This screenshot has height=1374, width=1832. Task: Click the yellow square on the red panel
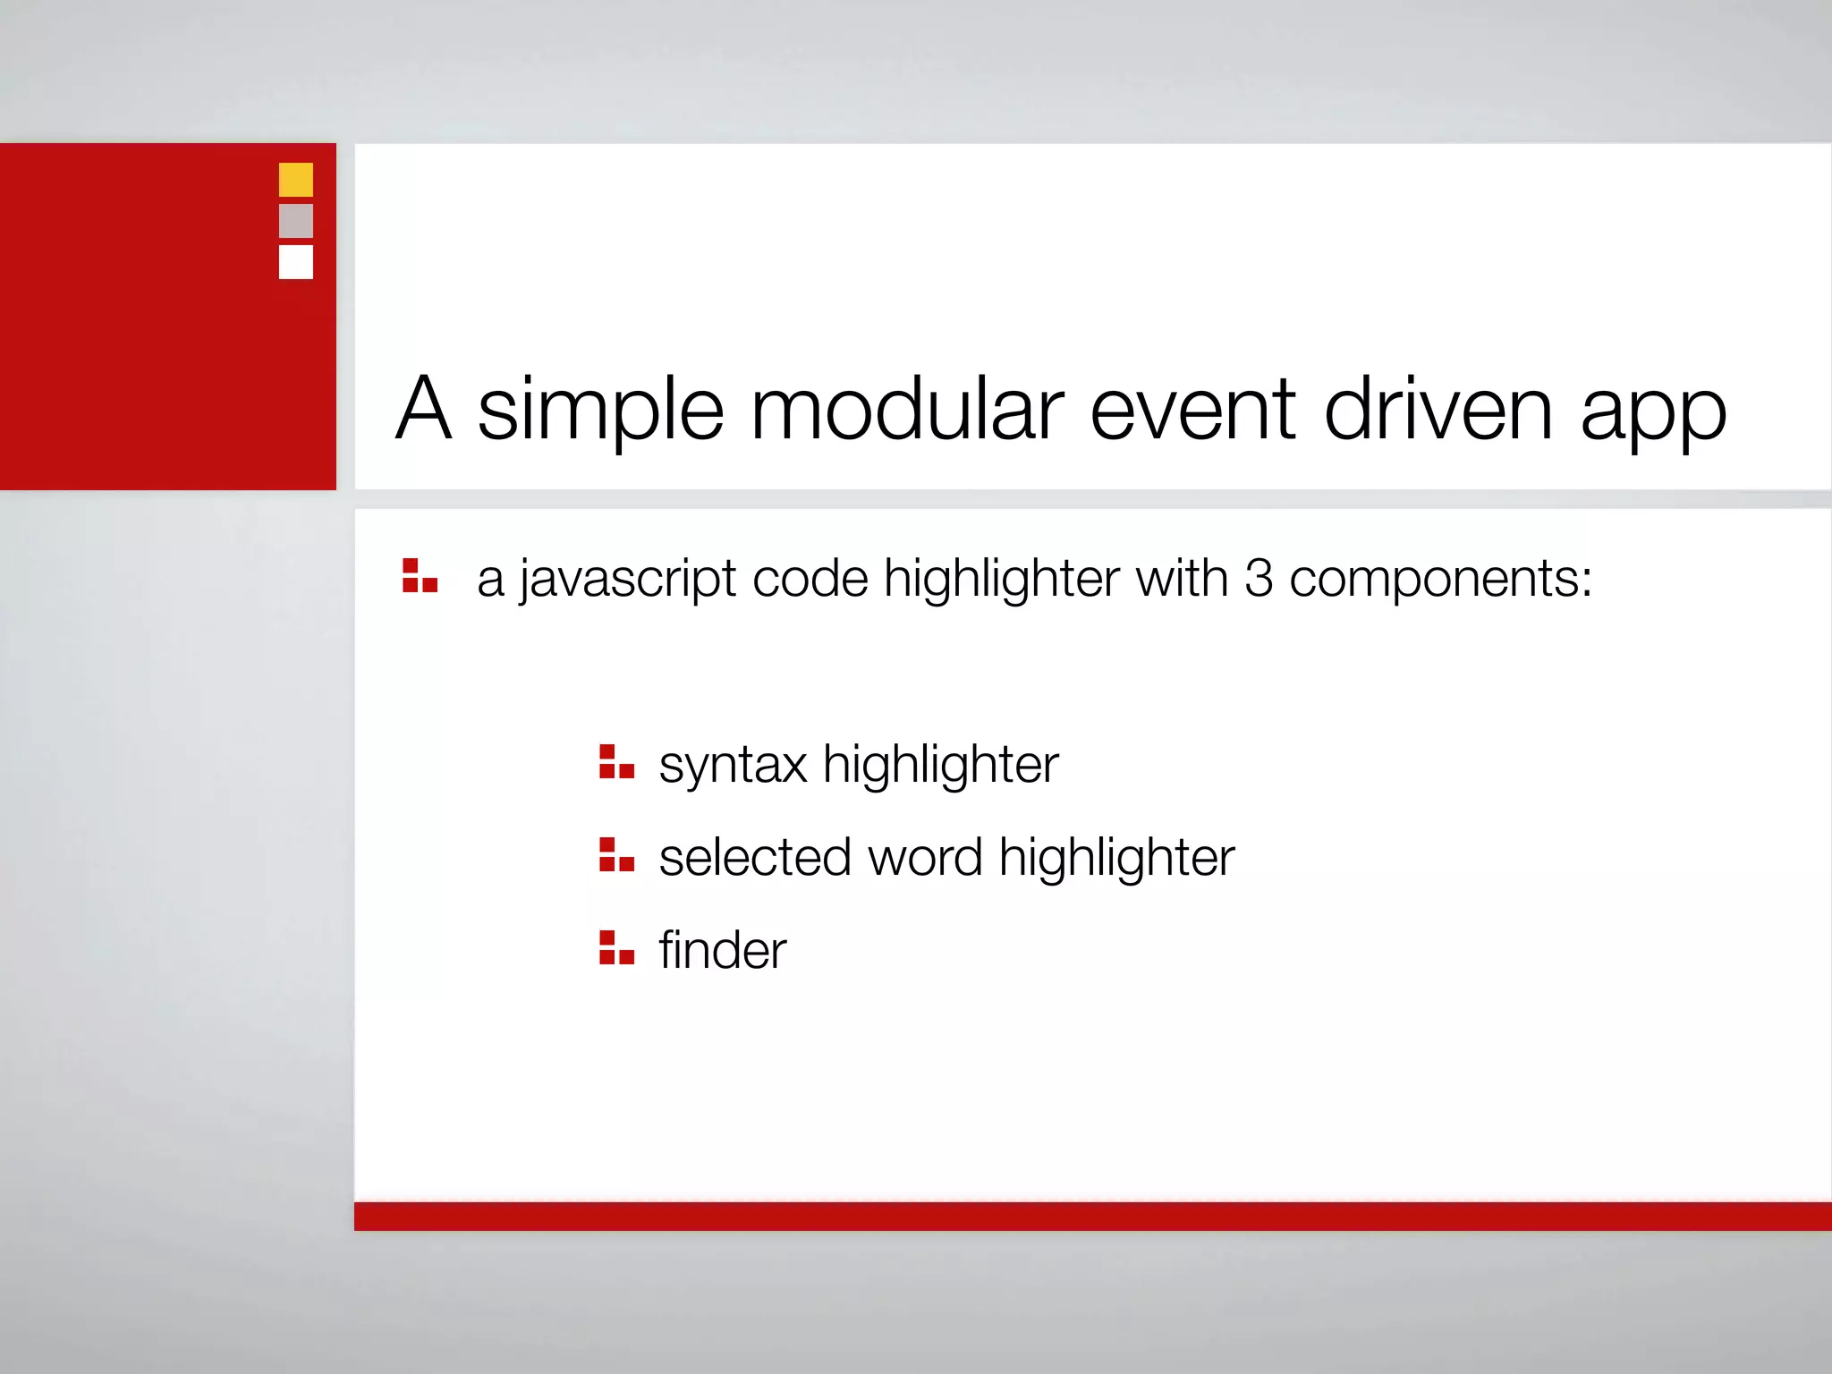(x=296, y=180)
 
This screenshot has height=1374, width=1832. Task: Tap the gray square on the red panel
(x=296, y=221)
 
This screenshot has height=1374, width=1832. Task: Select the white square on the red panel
(x=296, y=262)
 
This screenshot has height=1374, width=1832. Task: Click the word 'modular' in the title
(x=907, y=410)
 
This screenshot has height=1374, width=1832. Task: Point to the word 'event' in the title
(x=1192, y=410)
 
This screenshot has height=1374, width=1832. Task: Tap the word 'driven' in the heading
(x=1438, y=410)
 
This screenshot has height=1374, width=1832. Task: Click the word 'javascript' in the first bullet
(x=628, y=580)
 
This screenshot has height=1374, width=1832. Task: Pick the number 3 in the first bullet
(x=1258, y=578)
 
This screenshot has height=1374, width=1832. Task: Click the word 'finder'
(x=723, y=949)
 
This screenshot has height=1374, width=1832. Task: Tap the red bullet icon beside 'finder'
(x=616, y=947)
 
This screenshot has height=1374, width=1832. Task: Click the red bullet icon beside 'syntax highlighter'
(x=616, y=762)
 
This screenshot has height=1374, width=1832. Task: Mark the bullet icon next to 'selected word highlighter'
(x=616, y=854)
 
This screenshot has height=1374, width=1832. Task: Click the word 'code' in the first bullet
(x=810, y=578)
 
